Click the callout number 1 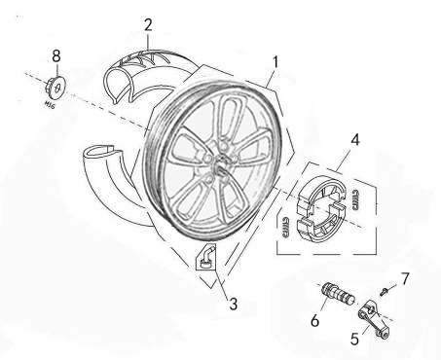(x=276, y=62)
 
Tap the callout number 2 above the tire (x=148, y=25)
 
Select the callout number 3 (x=233, y=304)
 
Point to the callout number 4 (x=355, y=140)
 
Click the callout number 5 (x=354, y=339)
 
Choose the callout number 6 (x=314, y=320)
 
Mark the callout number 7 (x=405, y=278)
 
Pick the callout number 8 (x=56, y=55)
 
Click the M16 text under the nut (x=49, y=104)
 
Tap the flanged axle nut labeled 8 (x=55, y=87)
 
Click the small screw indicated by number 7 (x=384, y=291)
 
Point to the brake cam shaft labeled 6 (x=338, y=293)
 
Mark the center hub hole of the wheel (x=221, y=169)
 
